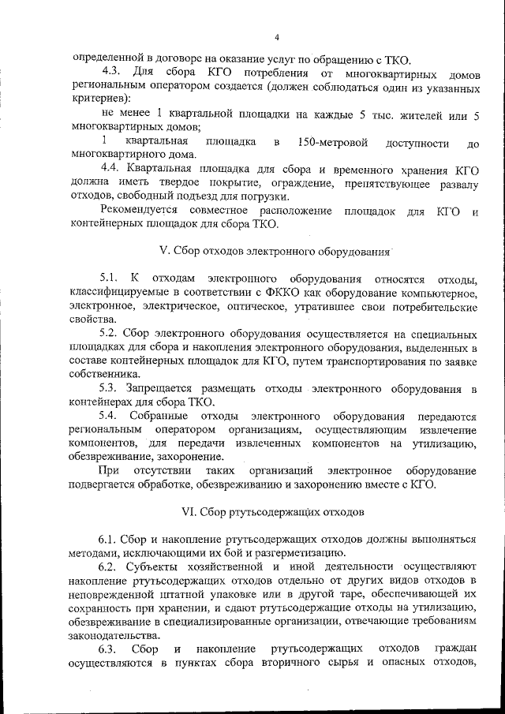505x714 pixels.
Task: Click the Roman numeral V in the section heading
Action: tap(163, 251)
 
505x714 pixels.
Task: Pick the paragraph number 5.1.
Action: tap(109, 279)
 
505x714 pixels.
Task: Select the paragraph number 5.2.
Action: tap(109, 334)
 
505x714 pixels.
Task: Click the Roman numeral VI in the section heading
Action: tap(188, 510)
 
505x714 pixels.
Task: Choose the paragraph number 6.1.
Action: tap(109, 539)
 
